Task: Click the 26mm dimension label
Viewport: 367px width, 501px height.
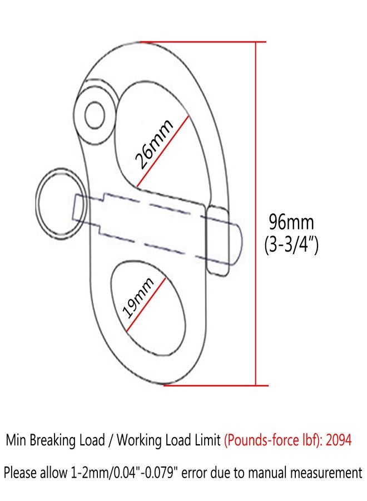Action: pyautogui.click(x=154, y=144)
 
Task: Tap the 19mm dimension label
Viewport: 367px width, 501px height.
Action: pyautogui.click(x=138, y=297)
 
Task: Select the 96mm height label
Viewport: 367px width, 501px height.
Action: pyautogui.click(x=291, y=222)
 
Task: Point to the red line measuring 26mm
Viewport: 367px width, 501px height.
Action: pyautogui.click(x=163, y=151)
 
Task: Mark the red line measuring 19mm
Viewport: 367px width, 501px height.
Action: pyautogui.click(x=146, y=304)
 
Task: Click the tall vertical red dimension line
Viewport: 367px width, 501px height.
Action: pyautogui.click(x=256, y=213)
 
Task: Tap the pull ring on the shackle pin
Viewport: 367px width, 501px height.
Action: pyautogui.click(x=61, y=203)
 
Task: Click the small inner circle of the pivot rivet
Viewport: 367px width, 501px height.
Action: pyautogui.click(x=95, y=115)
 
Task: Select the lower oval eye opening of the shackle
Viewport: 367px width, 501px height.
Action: pyautogui.click(x=148, y=308)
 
